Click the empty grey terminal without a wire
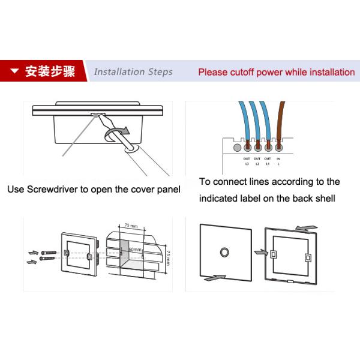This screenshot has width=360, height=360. [x=237, y=146]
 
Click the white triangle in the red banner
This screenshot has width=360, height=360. [x=14, y=73]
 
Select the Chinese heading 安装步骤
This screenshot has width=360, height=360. [x=50, y=73]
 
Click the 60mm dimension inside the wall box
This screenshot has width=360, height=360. [x=136, y=249]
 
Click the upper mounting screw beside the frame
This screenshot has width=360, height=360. [x=47, y=250]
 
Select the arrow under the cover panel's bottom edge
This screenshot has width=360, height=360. [x=214, y=278]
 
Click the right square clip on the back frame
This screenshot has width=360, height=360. [x=308, y=258]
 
